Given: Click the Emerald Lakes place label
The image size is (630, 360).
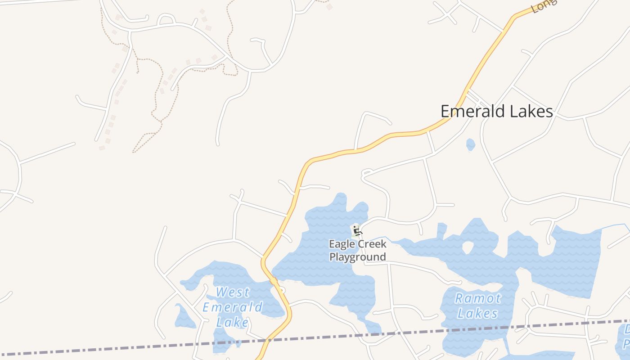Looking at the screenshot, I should click(496, 111).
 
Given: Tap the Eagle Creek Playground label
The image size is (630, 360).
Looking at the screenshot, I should click(358, 251).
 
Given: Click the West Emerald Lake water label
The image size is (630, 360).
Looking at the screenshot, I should click(232, 307).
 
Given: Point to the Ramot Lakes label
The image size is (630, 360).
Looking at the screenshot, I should click(477, 306).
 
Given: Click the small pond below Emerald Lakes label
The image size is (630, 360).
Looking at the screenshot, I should click(470, 144).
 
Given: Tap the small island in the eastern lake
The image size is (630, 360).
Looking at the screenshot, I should click(468, 247).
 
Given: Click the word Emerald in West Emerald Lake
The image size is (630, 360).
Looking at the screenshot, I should click(232, 307).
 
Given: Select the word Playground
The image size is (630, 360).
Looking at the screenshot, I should click(358, 257).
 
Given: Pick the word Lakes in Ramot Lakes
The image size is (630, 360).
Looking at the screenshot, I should click(477, 313).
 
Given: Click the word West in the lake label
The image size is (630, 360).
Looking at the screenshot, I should click(232, 292).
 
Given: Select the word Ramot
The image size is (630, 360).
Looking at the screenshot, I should click(477, 298).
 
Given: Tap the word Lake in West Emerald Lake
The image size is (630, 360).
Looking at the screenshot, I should click(232, 322).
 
